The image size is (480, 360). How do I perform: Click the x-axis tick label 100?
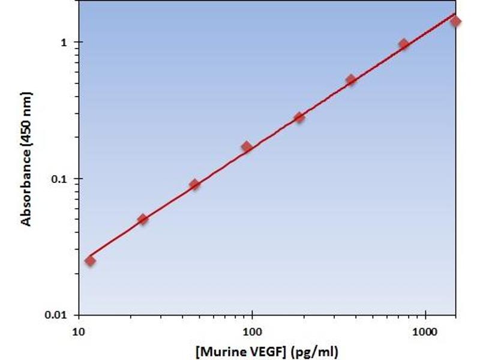(x=252, y=331)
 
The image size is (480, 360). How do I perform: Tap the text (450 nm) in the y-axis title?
(x=26, y=118)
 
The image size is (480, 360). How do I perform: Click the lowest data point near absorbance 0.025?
(x=90, y=260)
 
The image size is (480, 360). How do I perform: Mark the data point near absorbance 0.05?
(x=142, y=219)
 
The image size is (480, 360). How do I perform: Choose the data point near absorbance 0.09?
(x=194, y=184)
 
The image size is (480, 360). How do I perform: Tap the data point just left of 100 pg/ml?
(x=247, y=146)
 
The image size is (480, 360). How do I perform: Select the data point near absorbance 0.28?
(x=299, y=118)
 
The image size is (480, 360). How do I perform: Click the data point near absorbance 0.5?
(x=351, y=80)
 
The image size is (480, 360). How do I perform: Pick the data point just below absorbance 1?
(x=403, y=44)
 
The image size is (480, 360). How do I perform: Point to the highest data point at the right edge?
(x=455, y=22)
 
